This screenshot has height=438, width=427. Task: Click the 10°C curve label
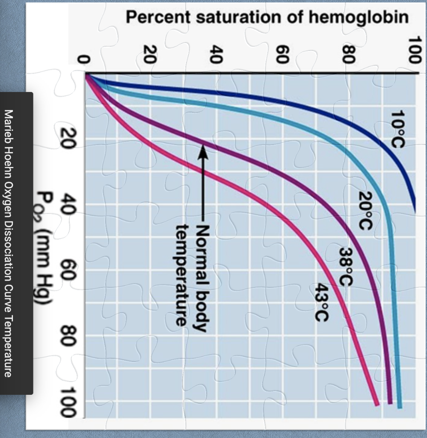point(397,128)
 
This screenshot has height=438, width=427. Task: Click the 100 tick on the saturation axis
point(414,49)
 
